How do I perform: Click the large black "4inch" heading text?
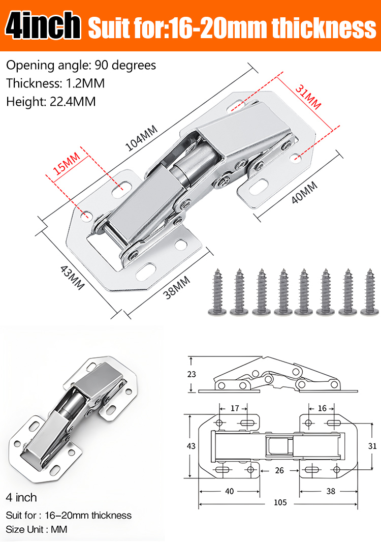43,25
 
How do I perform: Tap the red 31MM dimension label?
308,97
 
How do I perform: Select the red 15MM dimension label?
67,164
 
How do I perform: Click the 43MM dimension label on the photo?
73,278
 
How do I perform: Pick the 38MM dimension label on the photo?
177,288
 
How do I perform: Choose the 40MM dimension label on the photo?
304,193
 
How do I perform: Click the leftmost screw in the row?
217,292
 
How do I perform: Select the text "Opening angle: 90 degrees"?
81,65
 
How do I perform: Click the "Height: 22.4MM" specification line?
51,102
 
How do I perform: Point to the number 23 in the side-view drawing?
192,374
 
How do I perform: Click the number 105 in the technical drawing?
280,502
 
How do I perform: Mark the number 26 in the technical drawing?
279,470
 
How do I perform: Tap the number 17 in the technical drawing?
235,408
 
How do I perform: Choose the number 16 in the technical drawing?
322,408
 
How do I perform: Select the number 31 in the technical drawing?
372,446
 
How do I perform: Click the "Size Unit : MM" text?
37,529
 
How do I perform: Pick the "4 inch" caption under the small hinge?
21,497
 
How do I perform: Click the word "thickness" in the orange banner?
324,28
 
